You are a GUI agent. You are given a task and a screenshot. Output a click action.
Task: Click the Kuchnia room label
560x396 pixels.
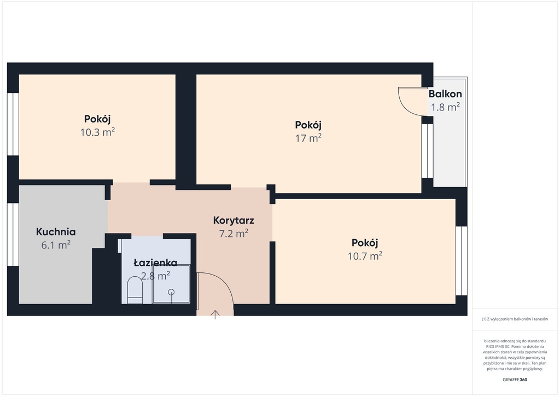[x=56, y=232]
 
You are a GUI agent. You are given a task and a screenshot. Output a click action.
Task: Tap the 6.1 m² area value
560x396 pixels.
[x=56, y=245]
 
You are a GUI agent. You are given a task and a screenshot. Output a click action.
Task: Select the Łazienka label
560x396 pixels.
[x=155, y=263]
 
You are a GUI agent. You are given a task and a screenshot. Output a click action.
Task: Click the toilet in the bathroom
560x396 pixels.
[x=135, y=289]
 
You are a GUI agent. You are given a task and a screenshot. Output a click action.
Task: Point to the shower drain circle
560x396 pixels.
[x=172, y=292]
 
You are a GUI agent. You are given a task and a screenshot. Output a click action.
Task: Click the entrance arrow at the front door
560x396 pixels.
[x=215, y=315]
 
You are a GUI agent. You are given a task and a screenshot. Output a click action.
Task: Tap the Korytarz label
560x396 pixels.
[x=234, y=220]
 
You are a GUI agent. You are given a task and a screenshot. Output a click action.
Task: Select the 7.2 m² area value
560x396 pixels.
[x=234, y=234]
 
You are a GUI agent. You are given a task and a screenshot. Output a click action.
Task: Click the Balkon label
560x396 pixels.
[x=445, y=94]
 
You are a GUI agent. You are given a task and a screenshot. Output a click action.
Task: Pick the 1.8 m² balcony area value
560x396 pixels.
[x=445, y=107]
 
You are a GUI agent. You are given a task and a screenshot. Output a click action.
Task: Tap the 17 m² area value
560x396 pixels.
[x=308, y=138]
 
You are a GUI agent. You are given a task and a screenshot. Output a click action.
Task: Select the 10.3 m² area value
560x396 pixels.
[x=97, y=132]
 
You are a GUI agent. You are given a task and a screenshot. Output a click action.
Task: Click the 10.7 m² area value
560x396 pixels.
[x=365, y=256]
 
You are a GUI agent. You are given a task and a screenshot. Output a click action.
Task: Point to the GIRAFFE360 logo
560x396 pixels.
[x=515, y=380]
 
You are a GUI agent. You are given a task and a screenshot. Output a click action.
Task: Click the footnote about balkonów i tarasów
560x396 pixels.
[x=515, y=319]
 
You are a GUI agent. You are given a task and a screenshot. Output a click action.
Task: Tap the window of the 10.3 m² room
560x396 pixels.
[x=13, y=124]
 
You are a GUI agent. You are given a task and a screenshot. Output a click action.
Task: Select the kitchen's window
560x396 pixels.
[x=13, y=234]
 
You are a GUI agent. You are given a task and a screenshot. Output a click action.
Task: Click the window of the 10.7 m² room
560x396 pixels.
[x=462, y=261]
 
